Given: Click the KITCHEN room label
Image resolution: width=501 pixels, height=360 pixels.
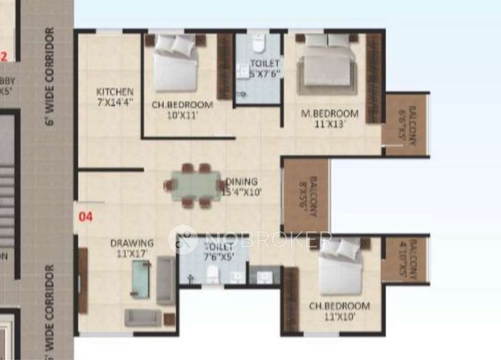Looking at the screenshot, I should point(115,92).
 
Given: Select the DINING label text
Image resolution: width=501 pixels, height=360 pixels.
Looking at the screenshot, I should point(242,182).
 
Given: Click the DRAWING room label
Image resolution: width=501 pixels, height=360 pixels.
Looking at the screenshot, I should point(132,243).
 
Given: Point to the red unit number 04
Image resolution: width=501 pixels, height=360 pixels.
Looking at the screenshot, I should point(85,217).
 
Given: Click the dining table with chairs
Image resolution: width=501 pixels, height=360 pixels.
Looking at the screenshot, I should point(196,185).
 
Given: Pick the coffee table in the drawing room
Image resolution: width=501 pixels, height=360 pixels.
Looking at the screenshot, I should point(141,280).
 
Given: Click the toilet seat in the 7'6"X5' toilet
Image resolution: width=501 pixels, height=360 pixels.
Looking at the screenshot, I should point(213,274).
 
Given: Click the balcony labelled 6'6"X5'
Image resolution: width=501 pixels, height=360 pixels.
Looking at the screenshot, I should point(405,124).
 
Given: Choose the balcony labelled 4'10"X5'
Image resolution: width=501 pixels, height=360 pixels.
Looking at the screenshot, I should point(405,259).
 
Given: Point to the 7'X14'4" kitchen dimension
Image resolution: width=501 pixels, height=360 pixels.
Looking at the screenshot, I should point(115,102).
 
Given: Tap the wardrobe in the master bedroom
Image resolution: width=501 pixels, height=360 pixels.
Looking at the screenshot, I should point(373,78).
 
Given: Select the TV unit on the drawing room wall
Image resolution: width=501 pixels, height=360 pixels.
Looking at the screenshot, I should point(83,280).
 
